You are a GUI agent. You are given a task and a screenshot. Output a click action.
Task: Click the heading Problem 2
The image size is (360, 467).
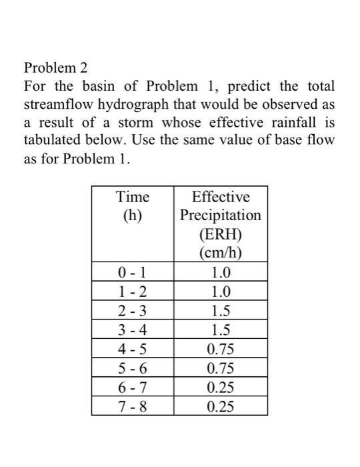(55, 67)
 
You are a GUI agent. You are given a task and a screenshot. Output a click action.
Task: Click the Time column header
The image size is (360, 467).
(133, 197)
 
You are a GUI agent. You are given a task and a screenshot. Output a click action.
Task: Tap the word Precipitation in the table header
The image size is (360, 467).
(221, 215)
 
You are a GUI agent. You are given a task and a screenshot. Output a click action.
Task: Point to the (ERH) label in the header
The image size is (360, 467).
(221, 234)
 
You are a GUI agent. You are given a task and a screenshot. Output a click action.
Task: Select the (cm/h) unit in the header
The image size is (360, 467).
(221, 253)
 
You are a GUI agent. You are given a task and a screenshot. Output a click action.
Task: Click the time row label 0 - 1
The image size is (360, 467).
(133, 272)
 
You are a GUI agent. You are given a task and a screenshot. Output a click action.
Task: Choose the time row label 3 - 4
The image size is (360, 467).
(133, 330)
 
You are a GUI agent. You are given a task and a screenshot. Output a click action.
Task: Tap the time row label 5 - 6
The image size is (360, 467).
(133, 368)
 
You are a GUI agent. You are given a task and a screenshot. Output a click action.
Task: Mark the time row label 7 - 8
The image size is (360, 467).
(133, 406)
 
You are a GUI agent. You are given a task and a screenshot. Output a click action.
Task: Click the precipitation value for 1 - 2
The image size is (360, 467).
(221, 292)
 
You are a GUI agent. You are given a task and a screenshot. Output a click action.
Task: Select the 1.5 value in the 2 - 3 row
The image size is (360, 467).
(221, 310)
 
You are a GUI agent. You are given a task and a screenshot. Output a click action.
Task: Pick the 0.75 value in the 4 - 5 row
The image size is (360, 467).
(221, 348)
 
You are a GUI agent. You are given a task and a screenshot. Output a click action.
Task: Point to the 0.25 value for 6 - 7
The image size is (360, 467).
(221, 387)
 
